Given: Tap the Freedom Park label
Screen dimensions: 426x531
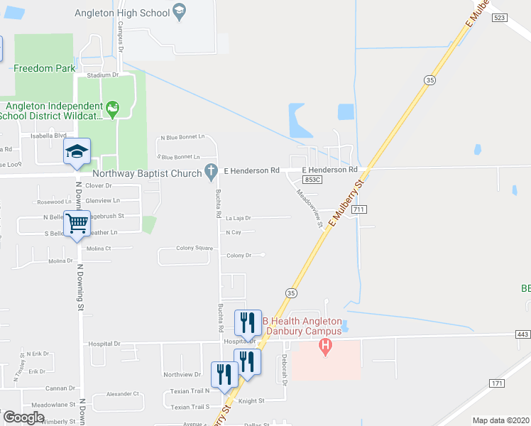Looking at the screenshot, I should tap(45, 68).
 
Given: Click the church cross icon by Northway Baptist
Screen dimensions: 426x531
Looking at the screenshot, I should tap(209, 170).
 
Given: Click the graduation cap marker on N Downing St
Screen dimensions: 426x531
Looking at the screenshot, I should tap(77, 151).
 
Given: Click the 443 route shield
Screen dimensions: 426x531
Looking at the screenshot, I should tap(522, 334).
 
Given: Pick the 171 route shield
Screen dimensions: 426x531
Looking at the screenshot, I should tap(497, 383).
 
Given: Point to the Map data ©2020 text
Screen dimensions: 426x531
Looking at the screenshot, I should tap(500, 420).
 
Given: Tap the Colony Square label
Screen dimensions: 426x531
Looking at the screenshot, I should tap(195, 248).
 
